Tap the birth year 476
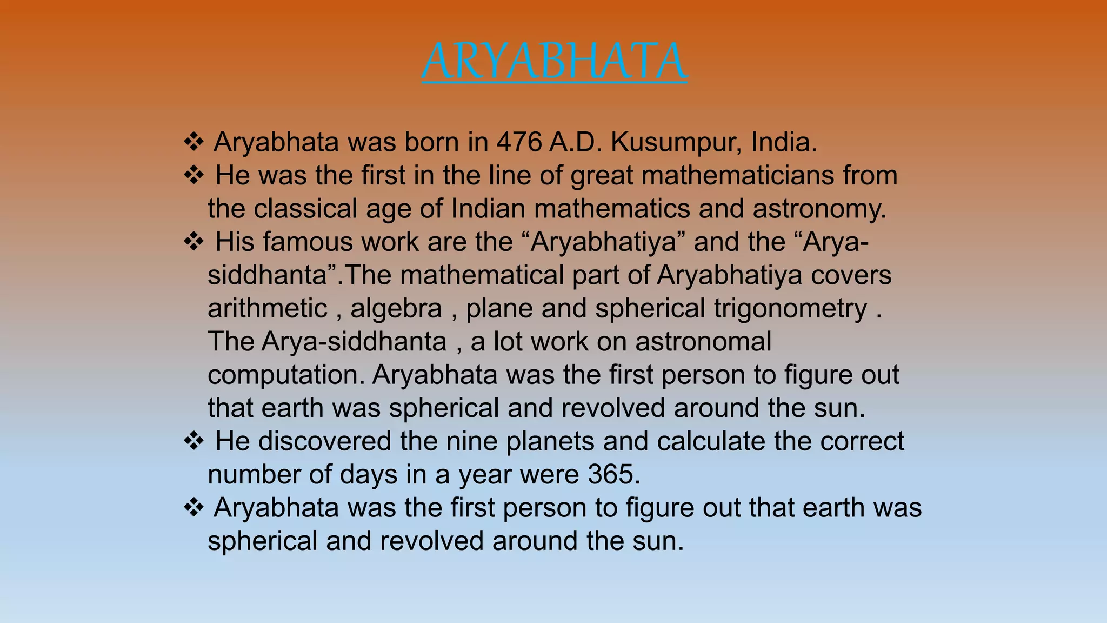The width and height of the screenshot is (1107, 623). coord(519,142)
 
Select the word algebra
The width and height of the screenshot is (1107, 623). coord(396,309)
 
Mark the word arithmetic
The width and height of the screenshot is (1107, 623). coord(268,309)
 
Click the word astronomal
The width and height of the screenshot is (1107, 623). coord(703,342)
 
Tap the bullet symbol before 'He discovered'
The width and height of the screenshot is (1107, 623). coord(194,441)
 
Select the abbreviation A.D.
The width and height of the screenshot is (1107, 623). coord(576,142)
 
